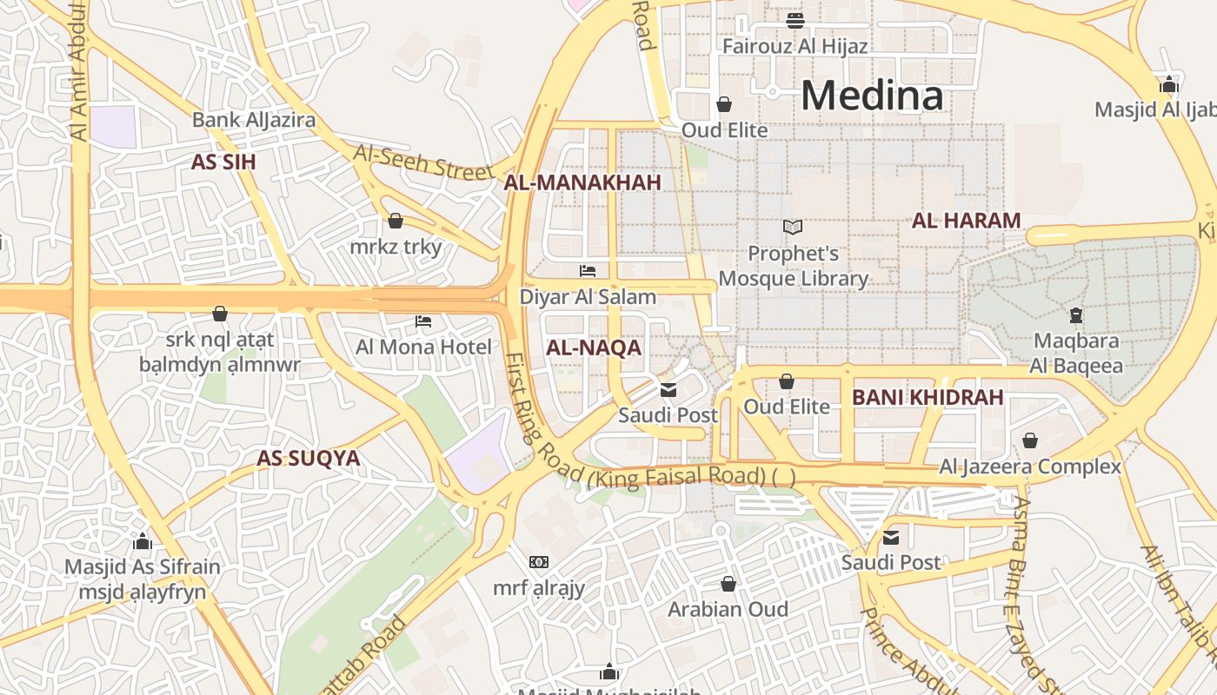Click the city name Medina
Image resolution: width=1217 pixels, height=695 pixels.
click(872, 95)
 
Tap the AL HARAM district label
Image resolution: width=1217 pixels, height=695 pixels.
click(966, 221)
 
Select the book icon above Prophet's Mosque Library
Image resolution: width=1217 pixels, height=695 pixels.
click(792, 228)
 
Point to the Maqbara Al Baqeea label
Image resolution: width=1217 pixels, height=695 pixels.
click(1077, 353)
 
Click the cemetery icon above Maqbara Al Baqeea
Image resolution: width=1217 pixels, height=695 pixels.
click(1076, 315)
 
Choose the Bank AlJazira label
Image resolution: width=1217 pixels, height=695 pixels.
click(254, 120)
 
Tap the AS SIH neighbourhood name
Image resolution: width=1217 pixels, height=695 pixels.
click(223, 162)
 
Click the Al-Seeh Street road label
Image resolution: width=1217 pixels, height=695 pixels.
click(422, 163)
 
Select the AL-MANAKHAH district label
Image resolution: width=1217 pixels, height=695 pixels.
click(582, 182)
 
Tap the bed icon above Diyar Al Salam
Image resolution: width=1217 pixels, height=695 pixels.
click(588, 271)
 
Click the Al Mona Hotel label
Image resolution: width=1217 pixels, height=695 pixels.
click(423, 347)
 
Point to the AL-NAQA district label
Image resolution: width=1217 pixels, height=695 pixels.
click(594, 348)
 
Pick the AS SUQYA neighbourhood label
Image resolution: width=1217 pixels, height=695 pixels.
click(308, 459)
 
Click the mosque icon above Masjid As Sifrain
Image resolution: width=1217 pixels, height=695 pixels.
click(143, 542)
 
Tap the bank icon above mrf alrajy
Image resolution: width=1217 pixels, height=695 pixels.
click(539, 562)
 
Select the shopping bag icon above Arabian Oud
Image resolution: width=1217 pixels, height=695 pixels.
click(728, 584)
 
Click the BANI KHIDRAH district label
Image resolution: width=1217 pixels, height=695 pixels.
click(928, 398)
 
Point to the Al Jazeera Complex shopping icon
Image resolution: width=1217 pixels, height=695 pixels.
click(1030, 441)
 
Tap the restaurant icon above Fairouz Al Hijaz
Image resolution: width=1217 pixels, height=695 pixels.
click(795, 21)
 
